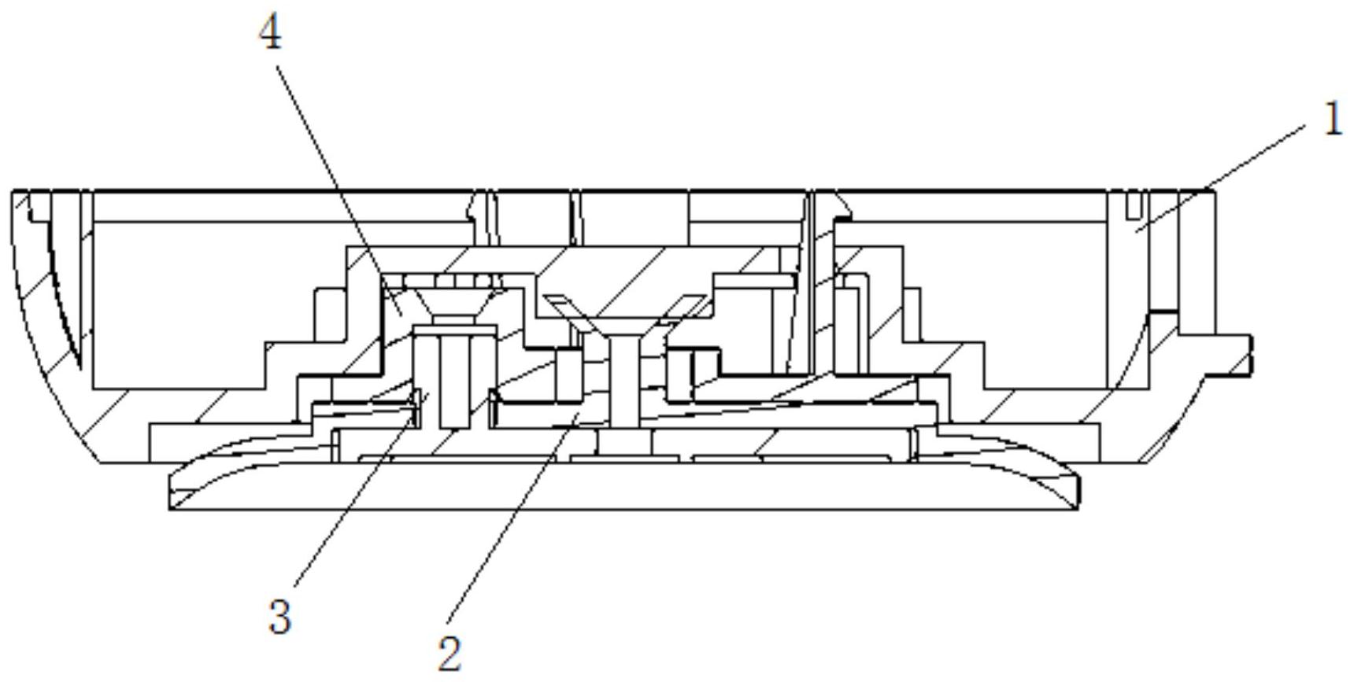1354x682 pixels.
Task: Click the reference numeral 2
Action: (449, 653)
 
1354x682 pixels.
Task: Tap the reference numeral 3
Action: (280, 617)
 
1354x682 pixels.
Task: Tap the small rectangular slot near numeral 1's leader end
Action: (1132, 205)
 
